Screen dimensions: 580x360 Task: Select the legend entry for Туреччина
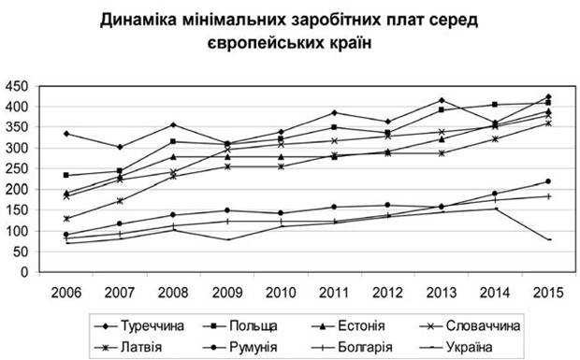139,326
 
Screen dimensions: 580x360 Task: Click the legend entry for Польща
240,326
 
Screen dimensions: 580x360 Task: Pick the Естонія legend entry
348,326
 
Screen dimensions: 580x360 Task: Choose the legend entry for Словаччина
471,326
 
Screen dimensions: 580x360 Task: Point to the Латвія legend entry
128,348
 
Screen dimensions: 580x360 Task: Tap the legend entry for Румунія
240,348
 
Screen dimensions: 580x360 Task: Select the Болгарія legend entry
352,348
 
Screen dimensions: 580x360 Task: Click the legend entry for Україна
457,348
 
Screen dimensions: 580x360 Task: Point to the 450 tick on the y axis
17,86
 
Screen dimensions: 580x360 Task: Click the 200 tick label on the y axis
17,190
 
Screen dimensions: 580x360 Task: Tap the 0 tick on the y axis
24,272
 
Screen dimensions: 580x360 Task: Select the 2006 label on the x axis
65,293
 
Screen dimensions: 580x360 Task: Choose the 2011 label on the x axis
334,293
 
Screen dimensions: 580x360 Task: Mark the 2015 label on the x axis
548,293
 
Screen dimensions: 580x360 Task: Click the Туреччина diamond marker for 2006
66,134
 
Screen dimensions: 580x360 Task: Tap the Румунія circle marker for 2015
548,181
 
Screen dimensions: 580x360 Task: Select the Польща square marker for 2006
66,175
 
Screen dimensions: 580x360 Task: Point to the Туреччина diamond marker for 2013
442,101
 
